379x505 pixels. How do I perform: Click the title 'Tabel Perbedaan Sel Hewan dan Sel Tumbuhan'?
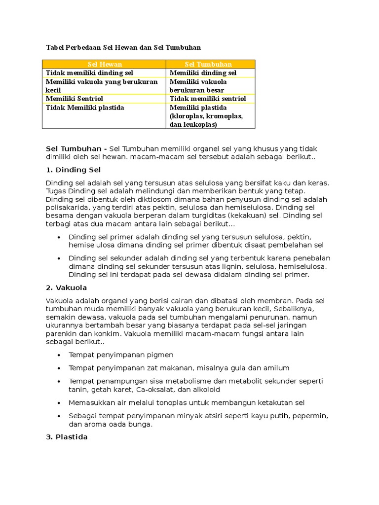(x=123, y=47)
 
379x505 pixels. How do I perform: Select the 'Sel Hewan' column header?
(x=105, y=65)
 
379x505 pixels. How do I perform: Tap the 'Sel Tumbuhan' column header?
(x=208, y=65)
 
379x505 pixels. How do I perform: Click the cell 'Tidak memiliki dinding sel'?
(x=89, y=73)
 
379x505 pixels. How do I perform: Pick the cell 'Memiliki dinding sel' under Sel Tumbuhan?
(x=203, y=73)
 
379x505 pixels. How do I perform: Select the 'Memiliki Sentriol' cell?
(x=74, y=99)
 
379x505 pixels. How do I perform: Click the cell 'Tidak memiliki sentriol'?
(x=208, y=99)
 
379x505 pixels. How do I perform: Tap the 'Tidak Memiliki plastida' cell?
(x=85, y=108)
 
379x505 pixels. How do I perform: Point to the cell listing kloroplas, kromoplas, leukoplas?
(x=206, y=116)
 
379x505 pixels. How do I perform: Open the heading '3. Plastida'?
(x=67, y=437)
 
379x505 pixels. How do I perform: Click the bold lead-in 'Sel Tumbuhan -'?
(x=76, y=149)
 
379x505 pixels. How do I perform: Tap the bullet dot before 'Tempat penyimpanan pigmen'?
(x=59, y=355)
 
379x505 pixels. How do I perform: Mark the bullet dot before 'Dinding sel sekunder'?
(x=59, y=258)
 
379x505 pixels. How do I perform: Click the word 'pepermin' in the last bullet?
(x=310, y=416)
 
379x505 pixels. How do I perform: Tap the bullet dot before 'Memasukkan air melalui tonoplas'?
(x=59, y=402)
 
